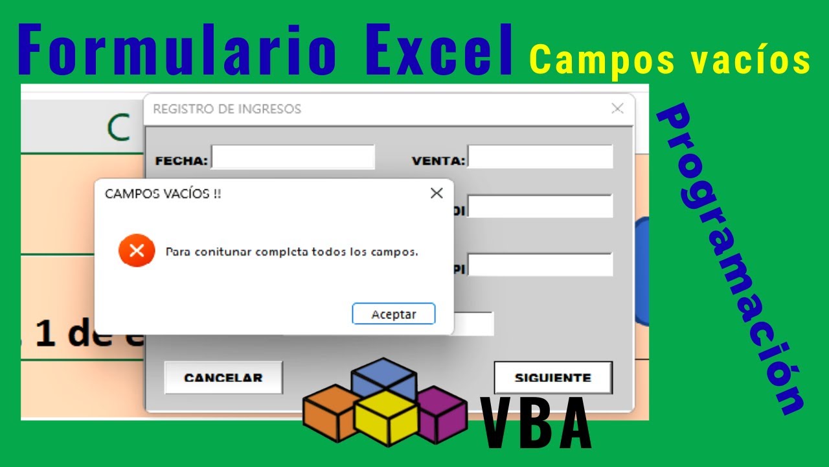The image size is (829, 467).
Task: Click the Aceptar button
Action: [394, 314]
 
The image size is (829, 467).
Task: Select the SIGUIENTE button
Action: [552, 377]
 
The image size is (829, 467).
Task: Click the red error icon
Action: [137, 250]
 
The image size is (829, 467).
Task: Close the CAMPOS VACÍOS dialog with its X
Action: [437, 193]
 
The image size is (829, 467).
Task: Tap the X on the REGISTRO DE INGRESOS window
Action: [617, 109]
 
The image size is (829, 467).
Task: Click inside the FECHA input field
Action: [293, 157]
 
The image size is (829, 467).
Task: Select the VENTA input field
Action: [540, 157]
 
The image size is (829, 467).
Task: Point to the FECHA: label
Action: [181, 160]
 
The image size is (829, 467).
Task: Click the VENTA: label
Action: [438, 160]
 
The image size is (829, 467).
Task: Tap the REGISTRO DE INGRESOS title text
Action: [227, 109]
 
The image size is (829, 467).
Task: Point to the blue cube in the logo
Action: [383, 377]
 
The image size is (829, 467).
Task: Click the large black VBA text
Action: [536, 424]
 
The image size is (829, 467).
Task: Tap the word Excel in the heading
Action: [438, 50]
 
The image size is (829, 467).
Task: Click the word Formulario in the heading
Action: [177, 50]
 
